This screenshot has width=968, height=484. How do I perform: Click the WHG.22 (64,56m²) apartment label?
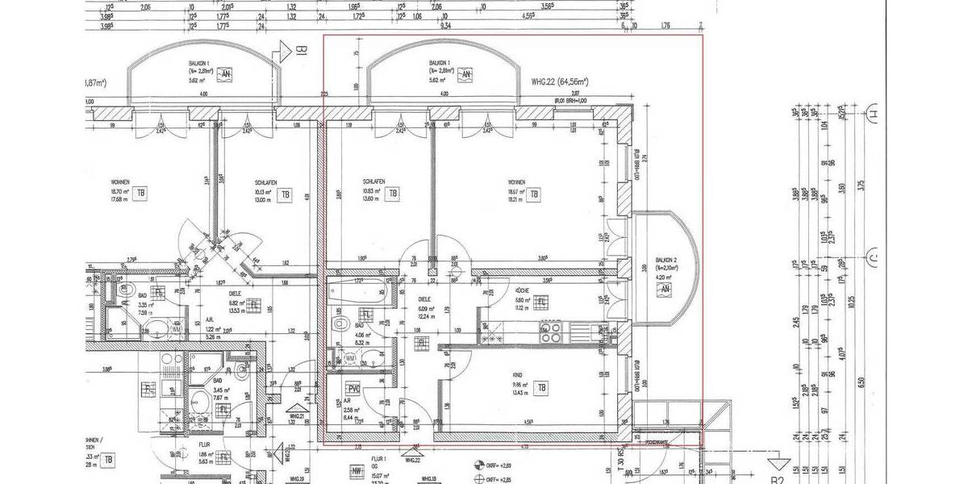pyautogui.click(x=559, y=81)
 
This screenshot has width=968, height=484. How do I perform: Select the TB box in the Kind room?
pyautogui.click(x=543, y=386)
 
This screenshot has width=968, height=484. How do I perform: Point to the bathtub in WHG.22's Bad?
pyautogui.click(x=359, y=290)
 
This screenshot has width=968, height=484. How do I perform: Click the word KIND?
pyautogui.click(x=517, y=374)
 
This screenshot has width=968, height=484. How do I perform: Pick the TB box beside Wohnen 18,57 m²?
pyautogui.click(x=535, y=194)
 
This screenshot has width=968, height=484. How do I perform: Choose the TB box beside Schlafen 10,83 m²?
pyautogui.click(x=393, y=194)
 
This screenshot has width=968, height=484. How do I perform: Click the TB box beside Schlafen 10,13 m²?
pyautogui.click(x=284, y=194)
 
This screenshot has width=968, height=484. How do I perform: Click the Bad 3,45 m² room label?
pyautogui.click(x=218, y=385)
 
